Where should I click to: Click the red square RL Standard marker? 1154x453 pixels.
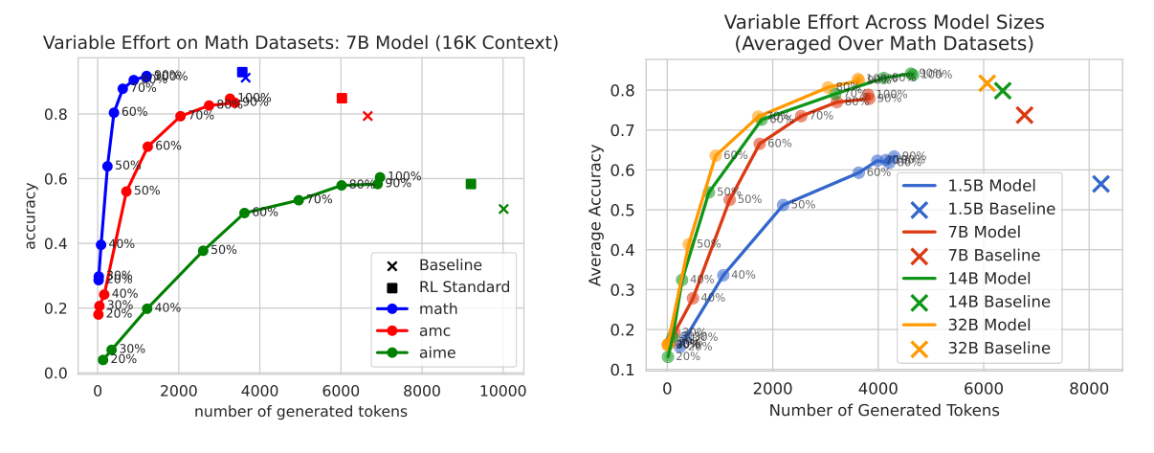[342, 98]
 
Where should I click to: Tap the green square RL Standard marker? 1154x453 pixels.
[471, 184]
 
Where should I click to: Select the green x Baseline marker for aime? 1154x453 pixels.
[503, 209]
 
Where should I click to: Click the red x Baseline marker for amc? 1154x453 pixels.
[367, 116]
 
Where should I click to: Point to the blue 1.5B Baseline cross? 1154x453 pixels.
[1100, 184]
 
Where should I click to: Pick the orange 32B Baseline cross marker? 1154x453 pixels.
[988, 83]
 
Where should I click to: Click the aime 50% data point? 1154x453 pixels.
[203, 251]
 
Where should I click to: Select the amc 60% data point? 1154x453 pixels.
[147, 147]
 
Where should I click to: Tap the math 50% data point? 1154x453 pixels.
[107, 166]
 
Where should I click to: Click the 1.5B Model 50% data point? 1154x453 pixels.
[783, 205]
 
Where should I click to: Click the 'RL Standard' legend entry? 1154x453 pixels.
[464, 286]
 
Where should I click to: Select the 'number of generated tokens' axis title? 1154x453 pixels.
[301, 412]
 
